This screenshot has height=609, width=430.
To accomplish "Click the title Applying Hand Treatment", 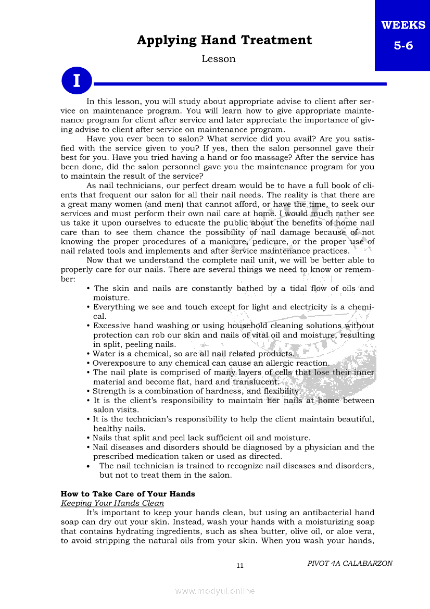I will [x=224, y=40].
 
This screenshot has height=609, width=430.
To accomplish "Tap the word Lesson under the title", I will [x=219, y=59].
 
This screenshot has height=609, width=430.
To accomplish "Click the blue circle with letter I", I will [x=77, y=81].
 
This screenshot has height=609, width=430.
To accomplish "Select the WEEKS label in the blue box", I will [x=403, y=25].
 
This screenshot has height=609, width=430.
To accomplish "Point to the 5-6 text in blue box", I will [x=403, y=45].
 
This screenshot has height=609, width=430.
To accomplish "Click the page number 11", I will [x=240, y=566].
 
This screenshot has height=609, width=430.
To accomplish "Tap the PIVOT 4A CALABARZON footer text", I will [x=350, y=563].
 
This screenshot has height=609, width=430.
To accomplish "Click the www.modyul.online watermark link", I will [x=215, y=591].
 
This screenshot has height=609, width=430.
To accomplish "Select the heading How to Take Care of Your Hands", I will [x=128, y=494].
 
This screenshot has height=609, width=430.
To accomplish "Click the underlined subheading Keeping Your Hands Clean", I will [x=112, y=503].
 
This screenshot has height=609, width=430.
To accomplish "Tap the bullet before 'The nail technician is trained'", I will [x=90, y=466].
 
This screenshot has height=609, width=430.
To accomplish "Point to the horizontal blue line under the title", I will [x=239, y=83].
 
